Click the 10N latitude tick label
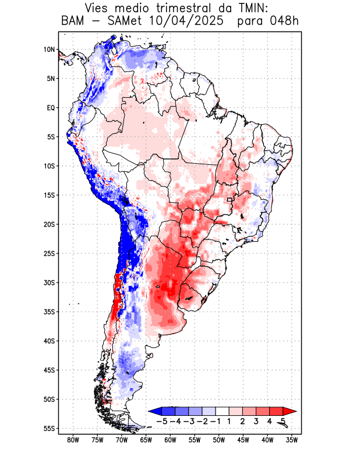pos(49,50)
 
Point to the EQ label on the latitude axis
pos(50,108)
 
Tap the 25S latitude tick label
pos(48,253)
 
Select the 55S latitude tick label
pos(48,428)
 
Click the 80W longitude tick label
pos(73,440)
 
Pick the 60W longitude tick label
pos(170,440)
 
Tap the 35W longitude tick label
pos(292,440)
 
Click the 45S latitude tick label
pos(48,370)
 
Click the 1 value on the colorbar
pos(230,421)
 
